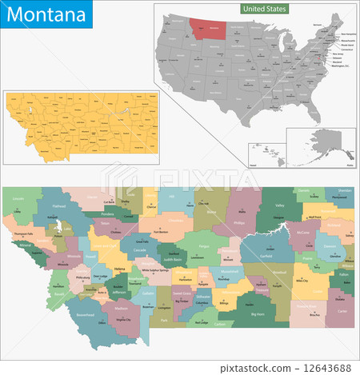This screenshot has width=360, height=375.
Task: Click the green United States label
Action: [x=265, y=8]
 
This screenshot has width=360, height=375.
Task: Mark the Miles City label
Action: [x=302, y=281]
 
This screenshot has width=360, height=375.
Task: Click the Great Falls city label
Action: [x=142, y=241]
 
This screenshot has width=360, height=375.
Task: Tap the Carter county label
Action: [x=342, y=310]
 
